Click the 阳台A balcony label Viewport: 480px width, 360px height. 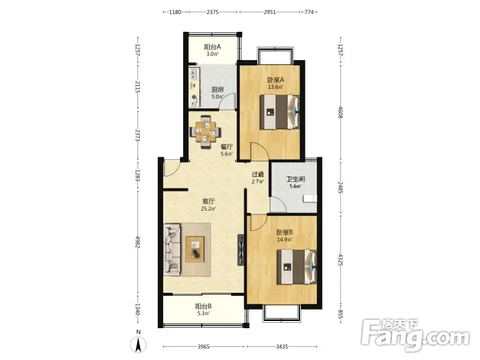coord(212,47)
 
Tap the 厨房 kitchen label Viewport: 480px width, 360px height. coord(217,89)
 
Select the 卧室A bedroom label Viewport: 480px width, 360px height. coord(275,80)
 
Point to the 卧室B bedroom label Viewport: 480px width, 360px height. coord(284,232)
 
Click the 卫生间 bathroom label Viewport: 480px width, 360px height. coord(295,179)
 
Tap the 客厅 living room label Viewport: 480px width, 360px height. coord(208,202)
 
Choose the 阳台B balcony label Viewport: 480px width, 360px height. coord(203,306)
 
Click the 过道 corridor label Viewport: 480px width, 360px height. coord(258,175)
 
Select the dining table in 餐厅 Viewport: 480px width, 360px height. coord(206,131)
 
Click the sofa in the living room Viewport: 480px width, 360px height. coord(172,249)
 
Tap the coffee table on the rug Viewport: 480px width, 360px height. coord(195,249)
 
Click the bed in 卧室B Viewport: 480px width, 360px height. coord(296,267)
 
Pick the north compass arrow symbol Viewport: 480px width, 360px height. coord(139,345)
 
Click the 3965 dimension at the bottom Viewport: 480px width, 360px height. coord(203,347)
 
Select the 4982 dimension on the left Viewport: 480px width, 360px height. coord(138,242)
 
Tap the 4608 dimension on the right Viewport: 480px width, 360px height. coord(340,112)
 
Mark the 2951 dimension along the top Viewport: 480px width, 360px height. coord(269,12)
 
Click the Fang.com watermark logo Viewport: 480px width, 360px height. coord(415,335)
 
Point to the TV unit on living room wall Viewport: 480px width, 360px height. coord(241,250)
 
